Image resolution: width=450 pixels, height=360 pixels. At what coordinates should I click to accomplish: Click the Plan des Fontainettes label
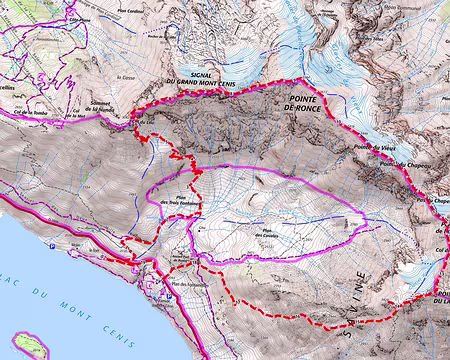point(188,287)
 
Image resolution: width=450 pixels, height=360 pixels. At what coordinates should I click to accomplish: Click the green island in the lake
point(29,344)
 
